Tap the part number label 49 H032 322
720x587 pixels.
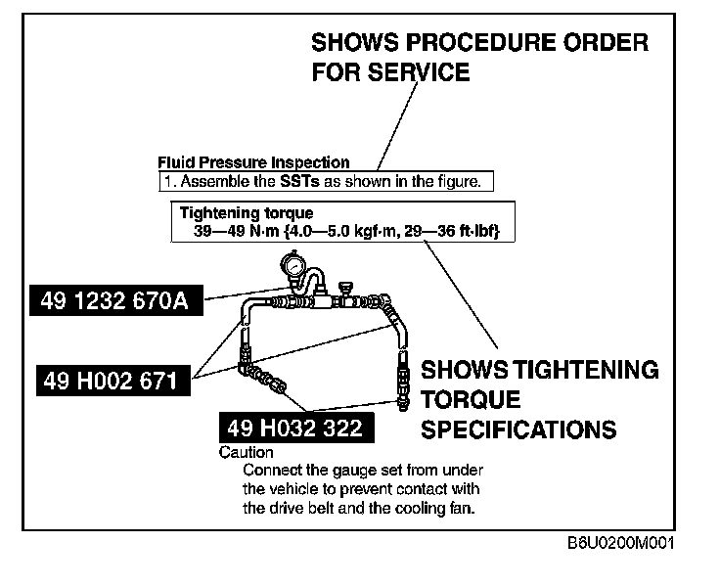tap(294, 428)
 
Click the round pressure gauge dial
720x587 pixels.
tap(291, 265)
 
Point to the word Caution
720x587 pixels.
tap(247, 453)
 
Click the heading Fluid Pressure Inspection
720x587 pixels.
tap(253, 162)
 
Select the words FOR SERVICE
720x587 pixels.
tap(391, 72)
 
